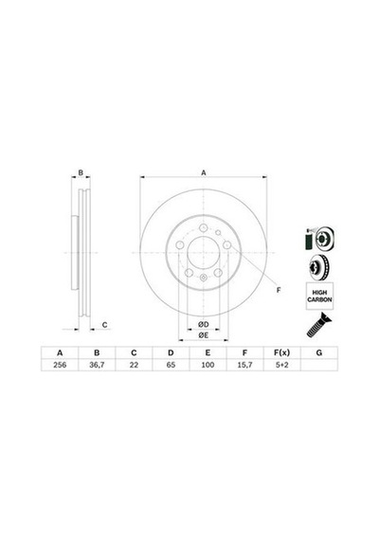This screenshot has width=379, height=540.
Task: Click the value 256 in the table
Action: click(60, 365)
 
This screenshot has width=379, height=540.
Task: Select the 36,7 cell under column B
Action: click(97, 365)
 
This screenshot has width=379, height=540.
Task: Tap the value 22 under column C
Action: click(134, 365)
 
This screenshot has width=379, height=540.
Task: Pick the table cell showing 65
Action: click(171, 365)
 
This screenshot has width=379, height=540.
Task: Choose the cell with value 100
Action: click(208, 365)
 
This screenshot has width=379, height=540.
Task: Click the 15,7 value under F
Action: click(244, 365)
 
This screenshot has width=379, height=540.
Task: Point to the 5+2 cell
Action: click(281, 365)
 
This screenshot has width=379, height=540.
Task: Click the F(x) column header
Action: click(281, 352)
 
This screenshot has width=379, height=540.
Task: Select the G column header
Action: click(319, 352)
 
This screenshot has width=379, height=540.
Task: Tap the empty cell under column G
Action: click(319, 365)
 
